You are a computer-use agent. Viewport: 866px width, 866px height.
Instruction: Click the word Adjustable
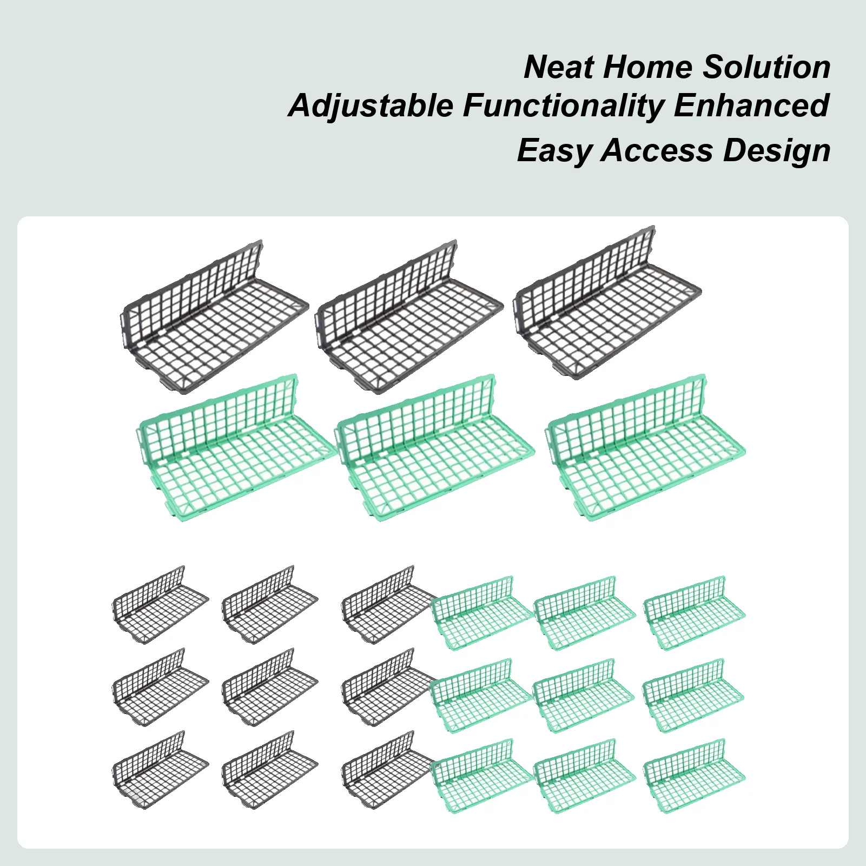click(x=371, y=105)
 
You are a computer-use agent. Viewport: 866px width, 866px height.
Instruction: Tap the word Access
click(x=657, y=150)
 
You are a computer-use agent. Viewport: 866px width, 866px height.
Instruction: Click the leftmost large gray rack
click(x=214, y=319)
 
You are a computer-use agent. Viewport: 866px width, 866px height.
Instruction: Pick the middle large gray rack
click(x=409, y=319)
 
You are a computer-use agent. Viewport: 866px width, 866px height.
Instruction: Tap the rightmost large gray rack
click(x=607, y=306)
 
